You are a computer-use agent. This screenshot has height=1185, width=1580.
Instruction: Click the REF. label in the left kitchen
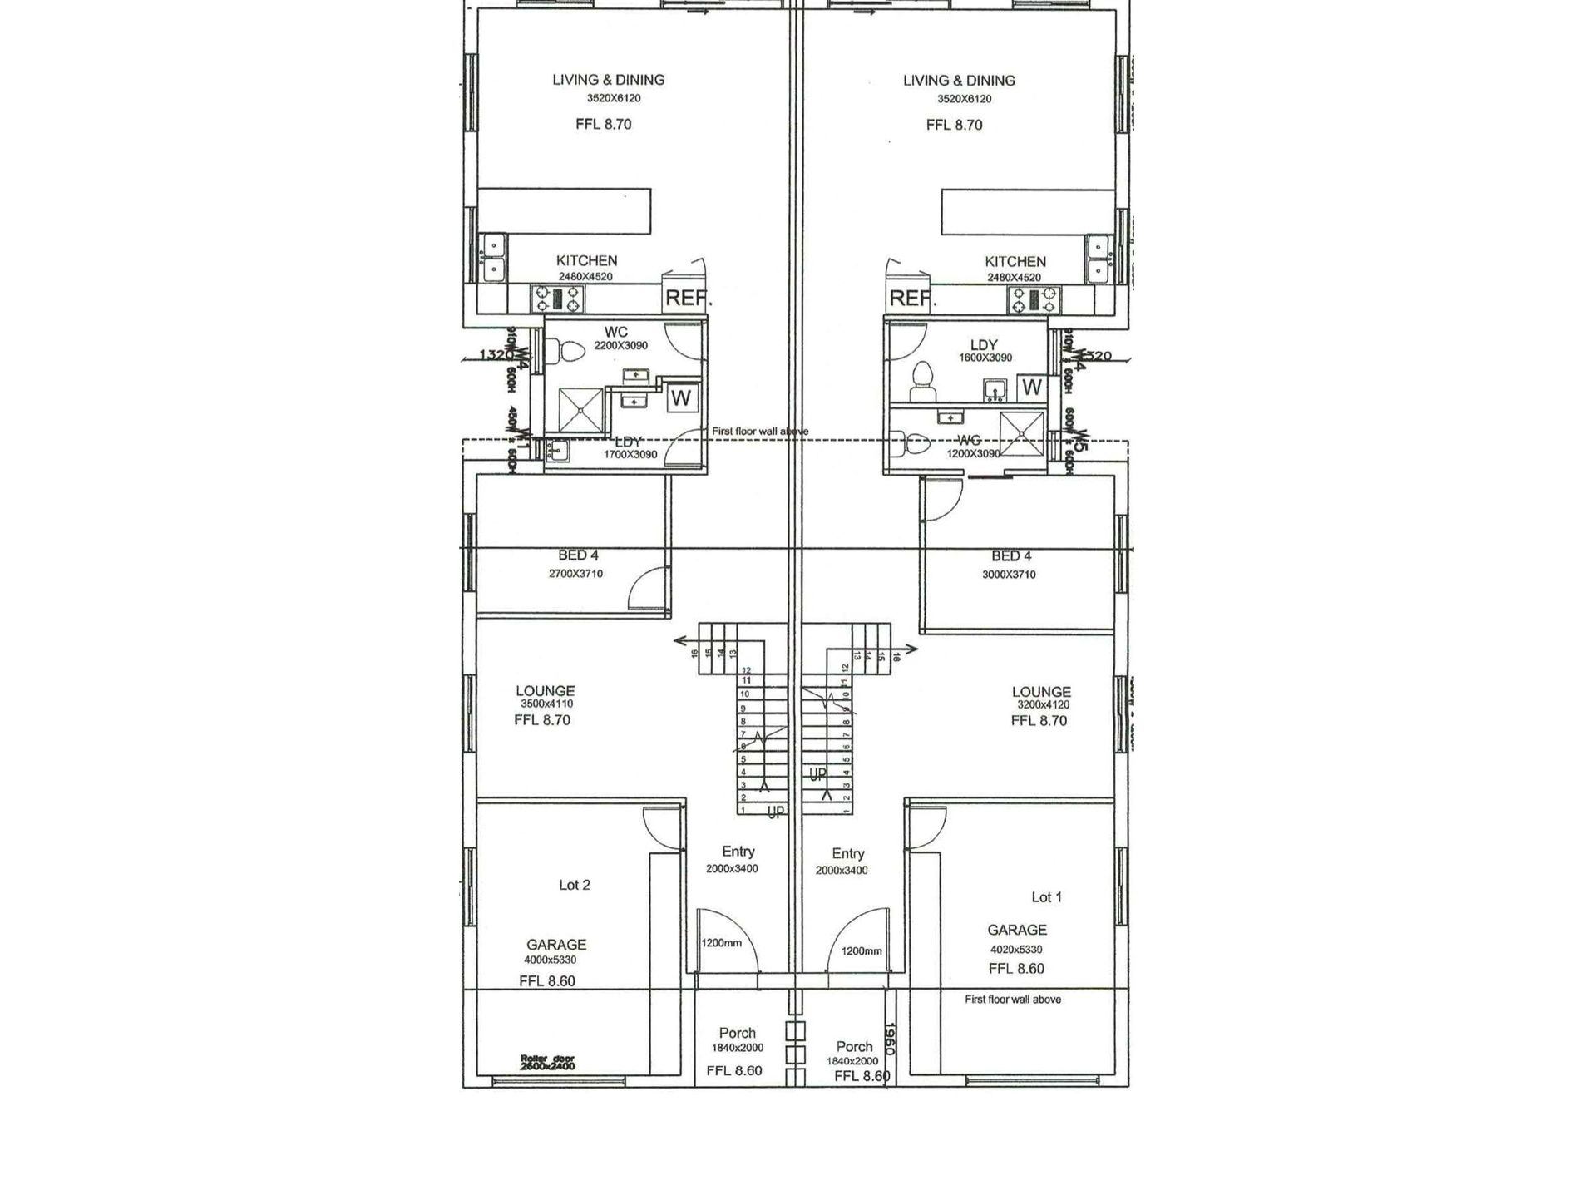pyautogui.click(x=686, y=298)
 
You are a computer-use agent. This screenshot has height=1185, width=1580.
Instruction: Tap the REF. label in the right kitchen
pyautogui.click(x=912, y=298)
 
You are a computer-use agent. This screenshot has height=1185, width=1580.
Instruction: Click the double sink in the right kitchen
pyautogui.click(x=1099, y=259)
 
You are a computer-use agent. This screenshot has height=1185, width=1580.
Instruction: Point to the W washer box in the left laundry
pyautogui.click(x=682, y=397)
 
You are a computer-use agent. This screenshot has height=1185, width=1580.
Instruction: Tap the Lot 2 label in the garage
pyautogui.click(x=574, y=885)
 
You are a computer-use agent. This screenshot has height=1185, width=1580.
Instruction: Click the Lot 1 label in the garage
pyautogui.click(x=1046, y=896)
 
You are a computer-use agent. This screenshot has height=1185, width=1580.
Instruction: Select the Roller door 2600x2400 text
pyautogui.click(x=547, y=1063)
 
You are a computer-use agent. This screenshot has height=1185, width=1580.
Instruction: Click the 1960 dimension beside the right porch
pyautogui.click(x=888, y=1039)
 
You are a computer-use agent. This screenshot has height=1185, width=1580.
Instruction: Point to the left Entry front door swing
pyautogui.click(x=725, y=940)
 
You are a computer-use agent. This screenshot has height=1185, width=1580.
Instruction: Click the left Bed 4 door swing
pyautogui.click(x=647, y=587)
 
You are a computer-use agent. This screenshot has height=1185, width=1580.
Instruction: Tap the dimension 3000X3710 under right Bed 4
pyautogui.click(x=1009, y=575)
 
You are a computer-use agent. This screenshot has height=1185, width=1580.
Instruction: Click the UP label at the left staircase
pyautogui.click(x=774, y=813)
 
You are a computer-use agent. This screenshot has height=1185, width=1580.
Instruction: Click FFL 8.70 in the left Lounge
pyautogui.click(x=542, y=720)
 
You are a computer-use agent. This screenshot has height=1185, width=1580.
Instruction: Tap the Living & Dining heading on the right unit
pyautogui.click(x=959, y=81)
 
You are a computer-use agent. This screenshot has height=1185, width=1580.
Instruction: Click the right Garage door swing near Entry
pyautogui.click(x=926, y=826)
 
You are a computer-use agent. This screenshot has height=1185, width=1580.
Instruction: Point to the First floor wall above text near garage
pyautogui.click(x=1012, y=1000)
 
